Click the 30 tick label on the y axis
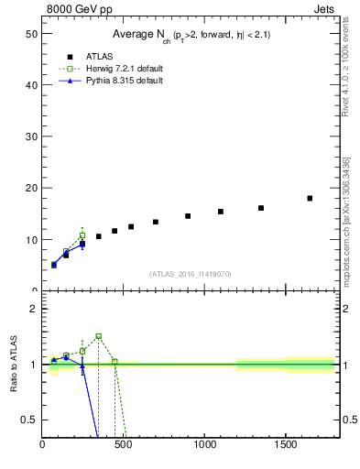[x=29, y=136]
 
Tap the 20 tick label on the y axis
[x=29, y=188]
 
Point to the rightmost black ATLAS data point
[x=310, y=198]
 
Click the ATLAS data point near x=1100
[x=221, y=212]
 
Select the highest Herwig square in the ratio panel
[x=99, y=336]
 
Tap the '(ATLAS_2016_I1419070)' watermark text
[x=191, y=273]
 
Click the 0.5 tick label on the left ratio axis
[x=27, y=420]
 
